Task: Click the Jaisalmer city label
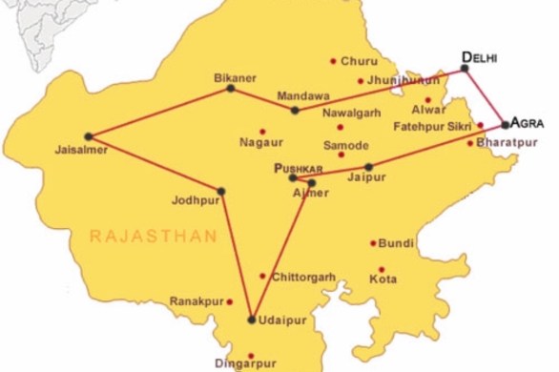76,150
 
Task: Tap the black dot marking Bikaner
230,88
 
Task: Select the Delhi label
480,57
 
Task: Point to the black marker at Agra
506,124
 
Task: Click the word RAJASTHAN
154,236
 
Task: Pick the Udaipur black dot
252,320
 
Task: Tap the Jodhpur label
197,201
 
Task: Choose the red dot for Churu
333,61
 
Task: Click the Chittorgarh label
303,278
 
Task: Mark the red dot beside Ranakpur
230,301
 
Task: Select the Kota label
383,280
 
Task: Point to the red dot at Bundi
373,243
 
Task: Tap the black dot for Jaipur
369,167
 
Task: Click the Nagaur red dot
262,131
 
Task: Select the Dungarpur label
245,363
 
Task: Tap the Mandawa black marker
295,111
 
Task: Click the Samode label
345,146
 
